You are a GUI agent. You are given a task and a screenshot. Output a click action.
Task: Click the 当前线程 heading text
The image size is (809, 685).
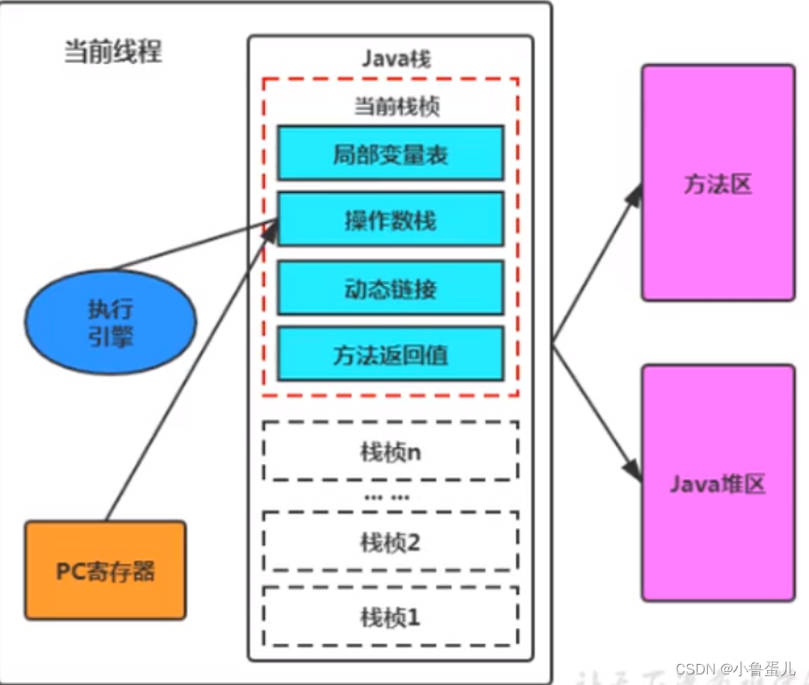click(113, 52)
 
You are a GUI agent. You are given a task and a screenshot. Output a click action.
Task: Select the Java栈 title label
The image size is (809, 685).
click(396, 59)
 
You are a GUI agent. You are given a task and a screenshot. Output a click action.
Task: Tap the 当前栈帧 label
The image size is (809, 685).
click(397, 107)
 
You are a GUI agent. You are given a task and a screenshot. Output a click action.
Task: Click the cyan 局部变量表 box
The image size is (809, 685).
click(390, 153)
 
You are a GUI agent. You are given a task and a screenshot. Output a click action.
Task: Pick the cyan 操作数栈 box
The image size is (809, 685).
click(390, 219)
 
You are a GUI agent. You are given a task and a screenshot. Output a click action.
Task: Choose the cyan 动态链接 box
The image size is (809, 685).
click(390, 287)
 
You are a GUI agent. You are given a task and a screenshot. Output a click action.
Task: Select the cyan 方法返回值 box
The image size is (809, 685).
click(390, 353)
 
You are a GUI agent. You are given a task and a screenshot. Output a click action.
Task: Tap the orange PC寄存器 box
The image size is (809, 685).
click(105, 571)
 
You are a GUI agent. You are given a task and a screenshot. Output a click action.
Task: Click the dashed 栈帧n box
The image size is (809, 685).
click(390, 451)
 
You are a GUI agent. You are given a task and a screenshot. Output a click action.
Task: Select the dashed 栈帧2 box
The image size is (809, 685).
click(390, 541)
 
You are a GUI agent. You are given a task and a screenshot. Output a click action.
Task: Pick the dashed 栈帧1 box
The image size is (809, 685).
click(390, 617)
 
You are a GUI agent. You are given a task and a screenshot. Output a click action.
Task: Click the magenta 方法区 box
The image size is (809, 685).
click(718, 182)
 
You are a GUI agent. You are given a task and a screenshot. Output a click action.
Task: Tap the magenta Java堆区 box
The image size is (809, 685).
click(718, 482)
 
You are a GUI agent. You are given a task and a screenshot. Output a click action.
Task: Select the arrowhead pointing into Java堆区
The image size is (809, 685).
click(634, 467)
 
